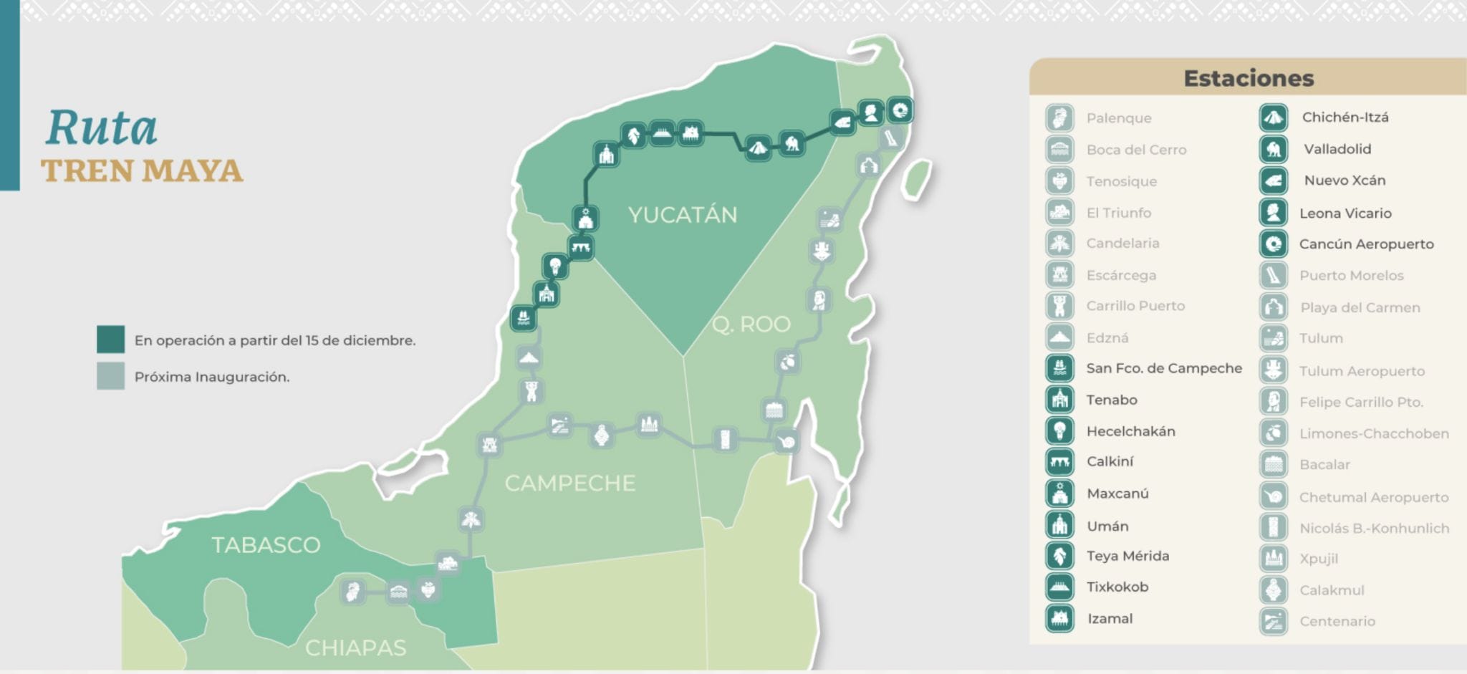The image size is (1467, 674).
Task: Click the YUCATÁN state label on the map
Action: click(x=682, y=215)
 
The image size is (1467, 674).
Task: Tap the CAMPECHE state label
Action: click(x=569, y=483)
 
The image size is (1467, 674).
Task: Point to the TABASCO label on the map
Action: click(x=266, y=545)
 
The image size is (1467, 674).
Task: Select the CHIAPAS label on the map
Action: click(x=355, y=648)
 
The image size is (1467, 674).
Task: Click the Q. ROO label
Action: click(x=751, y=324)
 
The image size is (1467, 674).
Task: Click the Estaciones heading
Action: click(x=1249, y=78)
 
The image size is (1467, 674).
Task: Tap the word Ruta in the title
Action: click(x=102, y=128)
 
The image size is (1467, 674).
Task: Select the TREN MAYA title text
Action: click(x=142, y=171)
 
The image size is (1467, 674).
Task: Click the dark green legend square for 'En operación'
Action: click(x=111, y=340)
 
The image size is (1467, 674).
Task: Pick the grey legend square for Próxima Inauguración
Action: click(x=111, y=376)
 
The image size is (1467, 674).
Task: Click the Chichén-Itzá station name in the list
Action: click(x=1345, y=117)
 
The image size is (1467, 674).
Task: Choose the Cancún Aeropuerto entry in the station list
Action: click(x=1366, y=244)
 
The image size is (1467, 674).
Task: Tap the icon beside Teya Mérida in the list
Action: click(x=1059, y=556)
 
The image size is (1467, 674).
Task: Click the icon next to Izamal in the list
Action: click(x=1059, y=619)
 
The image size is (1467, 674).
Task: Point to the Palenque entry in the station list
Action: click(x=1118, y=118)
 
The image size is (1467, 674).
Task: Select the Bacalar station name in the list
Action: click(x=1324, y=465)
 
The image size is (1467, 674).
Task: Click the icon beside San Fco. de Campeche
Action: click(x=1059, y=368)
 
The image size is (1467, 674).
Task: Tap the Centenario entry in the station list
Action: click(x=1337, y=622)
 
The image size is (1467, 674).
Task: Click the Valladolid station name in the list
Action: click(x=1337, y=149)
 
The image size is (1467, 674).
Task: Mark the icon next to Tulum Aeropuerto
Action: click(x=1274, y=370)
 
